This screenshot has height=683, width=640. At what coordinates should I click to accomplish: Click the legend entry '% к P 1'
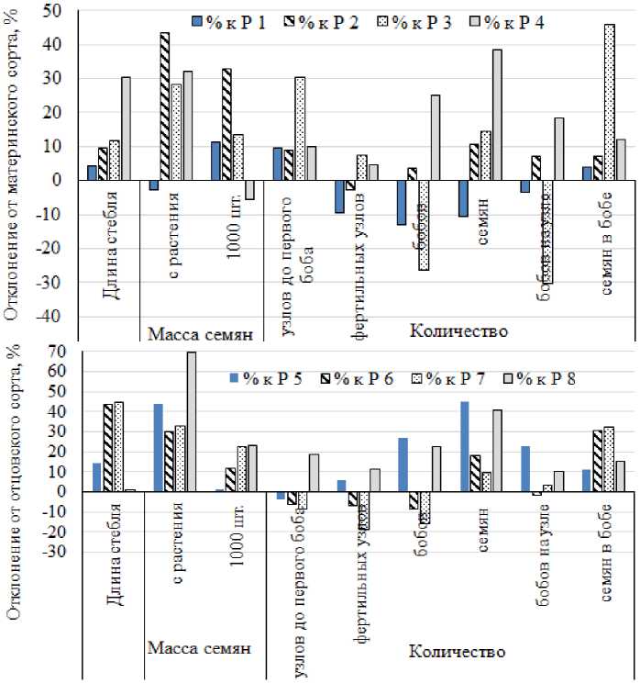pyautogui.click(x=228, y=23)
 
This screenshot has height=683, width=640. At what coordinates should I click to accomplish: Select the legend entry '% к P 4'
pyautogui.click(x=513, y=23)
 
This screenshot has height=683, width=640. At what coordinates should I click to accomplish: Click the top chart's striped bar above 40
pyautogui.click(x=164, y=106)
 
